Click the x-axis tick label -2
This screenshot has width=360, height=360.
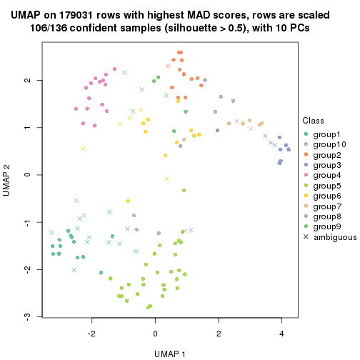(x=91, y=333)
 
